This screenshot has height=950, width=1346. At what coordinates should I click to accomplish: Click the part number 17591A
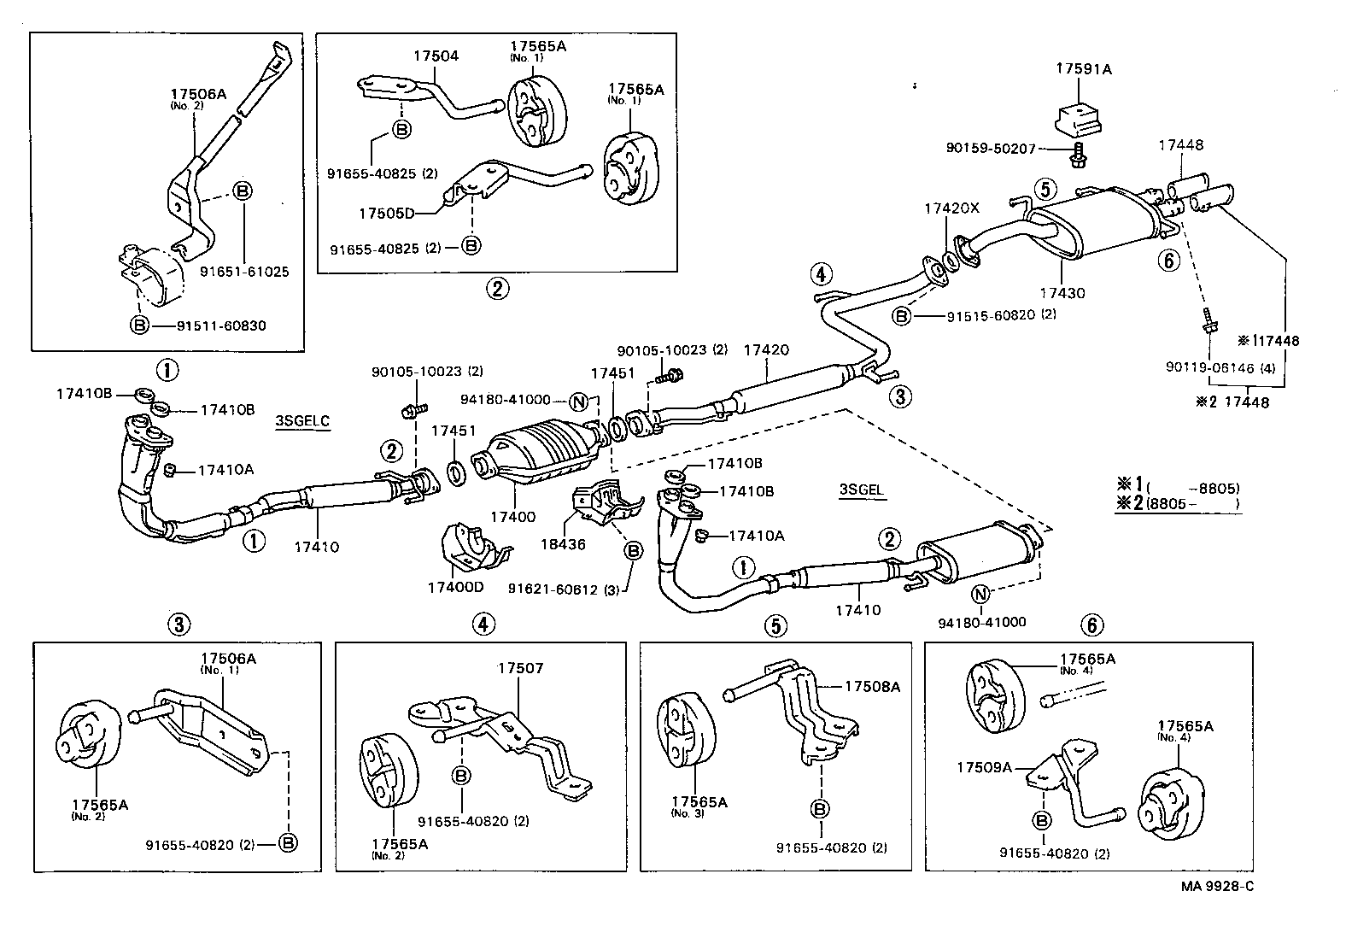1085,68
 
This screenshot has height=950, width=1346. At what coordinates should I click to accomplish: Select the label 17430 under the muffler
1062,293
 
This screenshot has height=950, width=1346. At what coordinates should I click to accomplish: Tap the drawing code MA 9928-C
1217,886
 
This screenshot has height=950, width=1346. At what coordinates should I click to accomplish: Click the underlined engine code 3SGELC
302,420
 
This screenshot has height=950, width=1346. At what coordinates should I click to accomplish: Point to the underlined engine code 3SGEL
861,490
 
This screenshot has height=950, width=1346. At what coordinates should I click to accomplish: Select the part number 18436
564,544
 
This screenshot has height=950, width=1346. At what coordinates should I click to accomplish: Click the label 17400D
455,588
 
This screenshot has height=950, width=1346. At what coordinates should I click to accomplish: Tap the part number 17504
436,56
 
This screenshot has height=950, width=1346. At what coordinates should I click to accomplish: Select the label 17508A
873,686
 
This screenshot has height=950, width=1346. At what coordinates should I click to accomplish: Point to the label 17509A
984,767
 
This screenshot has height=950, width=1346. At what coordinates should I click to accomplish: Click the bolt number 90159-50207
991,149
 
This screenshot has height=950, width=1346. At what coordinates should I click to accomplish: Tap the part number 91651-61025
244,272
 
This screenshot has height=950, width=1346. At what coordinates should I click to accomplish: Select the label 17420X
952,208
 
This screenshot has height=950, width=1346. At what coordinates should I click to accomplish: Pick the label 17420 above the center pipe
766,349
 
